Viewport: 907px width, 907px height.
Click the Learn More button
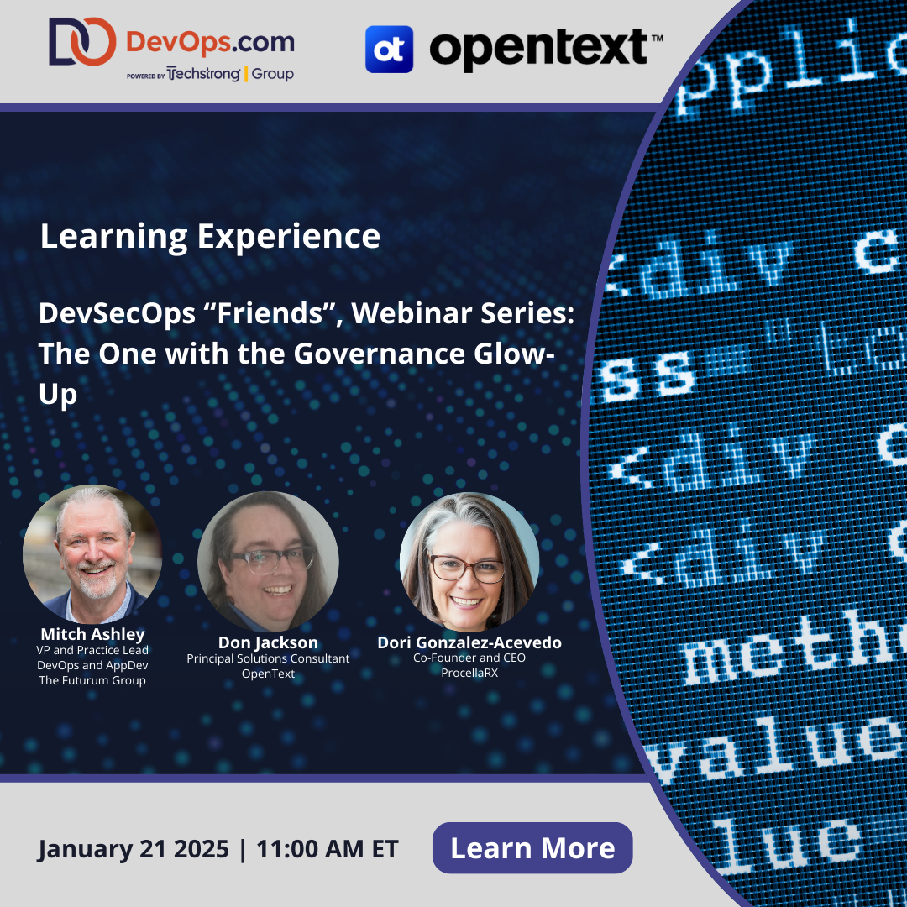(532, 848)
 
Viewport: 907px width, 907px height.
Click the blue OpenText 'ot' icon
(389, 49)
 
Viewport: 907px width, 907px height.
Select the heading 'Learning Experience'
(210, 237)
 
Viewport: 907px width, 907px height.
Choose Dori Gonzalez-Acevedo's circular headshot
(469, 561)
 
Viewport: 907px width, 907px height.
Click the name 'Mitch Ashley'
(92, 634)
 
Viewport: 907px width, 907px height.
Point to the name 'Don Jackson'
(268, 643)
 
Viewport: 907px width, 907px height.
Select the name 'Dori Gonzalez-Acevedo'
(469, 643)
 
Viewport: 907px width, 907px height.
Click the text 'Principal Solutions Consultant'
(268, 658)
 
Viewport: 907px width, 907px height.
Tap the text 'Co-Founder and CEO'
(469, 658)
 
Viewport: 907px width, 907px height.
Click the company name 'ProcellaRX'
(469, 673)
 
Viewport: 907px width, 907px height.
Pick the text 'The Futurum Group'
(92, 680)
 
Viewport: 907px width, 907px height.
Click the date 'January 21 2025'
(133, 849)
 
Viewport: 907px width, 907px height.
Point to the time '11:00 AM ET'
(328, 849)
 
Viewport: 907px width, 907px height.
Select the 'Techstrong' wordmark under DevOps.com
(204, 74)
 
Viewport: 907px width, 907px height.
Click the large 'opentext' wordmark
(537, 49)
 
